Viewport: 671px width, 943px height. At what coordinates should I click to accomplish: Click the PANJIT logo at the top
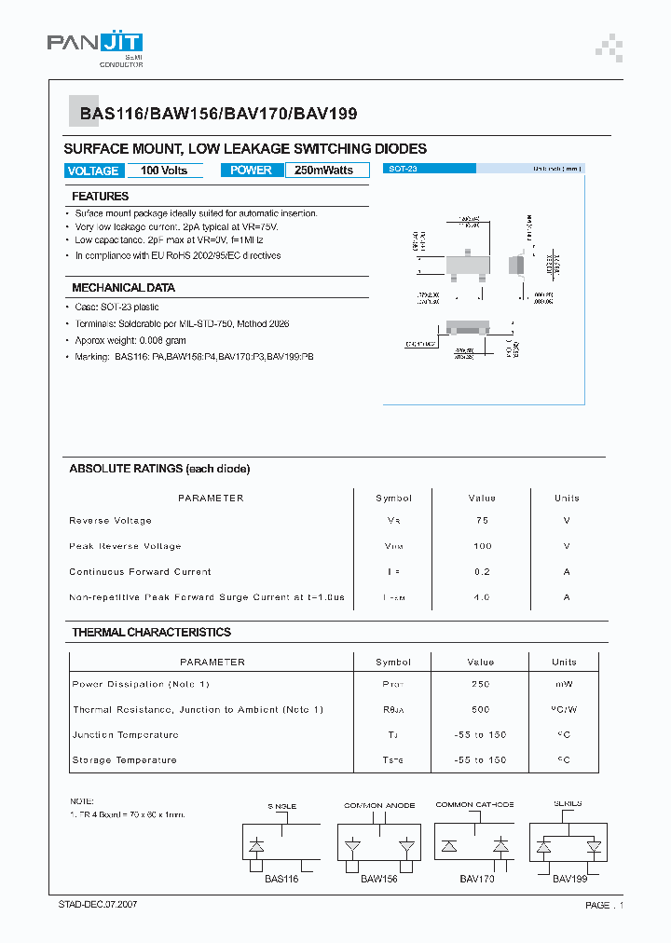coord(95,47)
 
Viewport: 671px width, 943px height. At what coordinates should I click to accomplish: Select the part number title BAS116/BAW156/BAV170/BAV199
coord(218,114)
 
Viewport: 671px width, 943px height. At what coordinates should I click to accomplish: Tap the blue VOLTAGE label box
coord(93,171)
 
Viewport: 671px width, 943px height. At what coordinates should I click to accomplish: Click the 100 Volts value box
coord(164,171)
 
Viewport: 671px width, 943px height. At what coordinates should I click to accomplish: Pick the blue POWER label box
coord(251,171)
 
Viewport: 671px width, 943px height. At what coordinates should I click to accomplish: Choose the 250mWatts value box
coord(323,171)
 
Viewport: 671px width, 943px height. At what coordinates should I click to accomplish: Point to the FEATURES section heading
coord(101,197)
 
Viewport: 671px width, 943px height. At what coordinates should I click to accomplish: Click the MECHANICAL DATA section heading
coord(123,288)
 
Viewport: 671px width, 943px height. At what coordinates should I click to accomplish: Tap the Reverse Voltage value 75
coord(482,521)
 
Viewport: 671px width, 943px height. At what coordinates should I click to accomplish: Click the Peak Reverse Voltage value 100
coord(482,546)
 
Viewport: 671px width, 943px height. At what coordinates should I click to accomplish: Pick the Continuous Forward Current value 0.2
coord(482,572)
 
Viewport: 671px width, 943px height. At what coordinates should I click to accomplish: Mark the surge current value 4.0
coord(482,597)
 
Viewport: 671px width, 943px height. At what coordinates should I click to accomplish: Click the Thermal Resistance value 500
coord(481,710)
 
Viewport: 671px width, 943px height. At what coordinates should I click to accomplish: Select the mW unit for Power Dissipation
coord(565,685)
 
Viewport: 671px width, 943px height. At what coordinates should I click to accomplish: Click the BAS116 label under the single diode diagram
coord(281,880)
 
